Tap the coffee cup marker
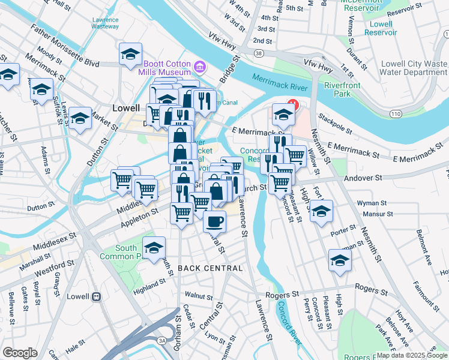214,221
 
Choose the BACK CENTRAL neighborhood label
210,268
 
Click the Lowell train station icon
95,296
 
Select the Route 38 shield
258,53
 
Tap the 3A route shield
162,340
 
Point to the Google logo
20,353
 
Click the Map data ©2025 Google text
411,355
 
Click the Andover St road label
363,178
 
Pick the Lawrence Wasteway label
106,23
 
